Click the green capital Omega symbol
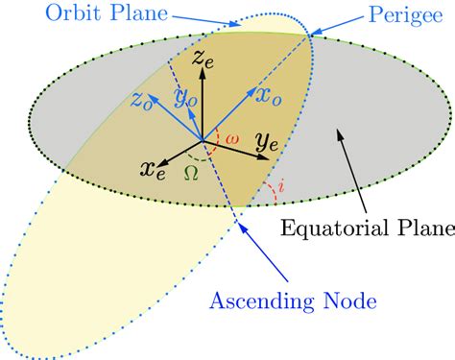coord(199,174)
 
